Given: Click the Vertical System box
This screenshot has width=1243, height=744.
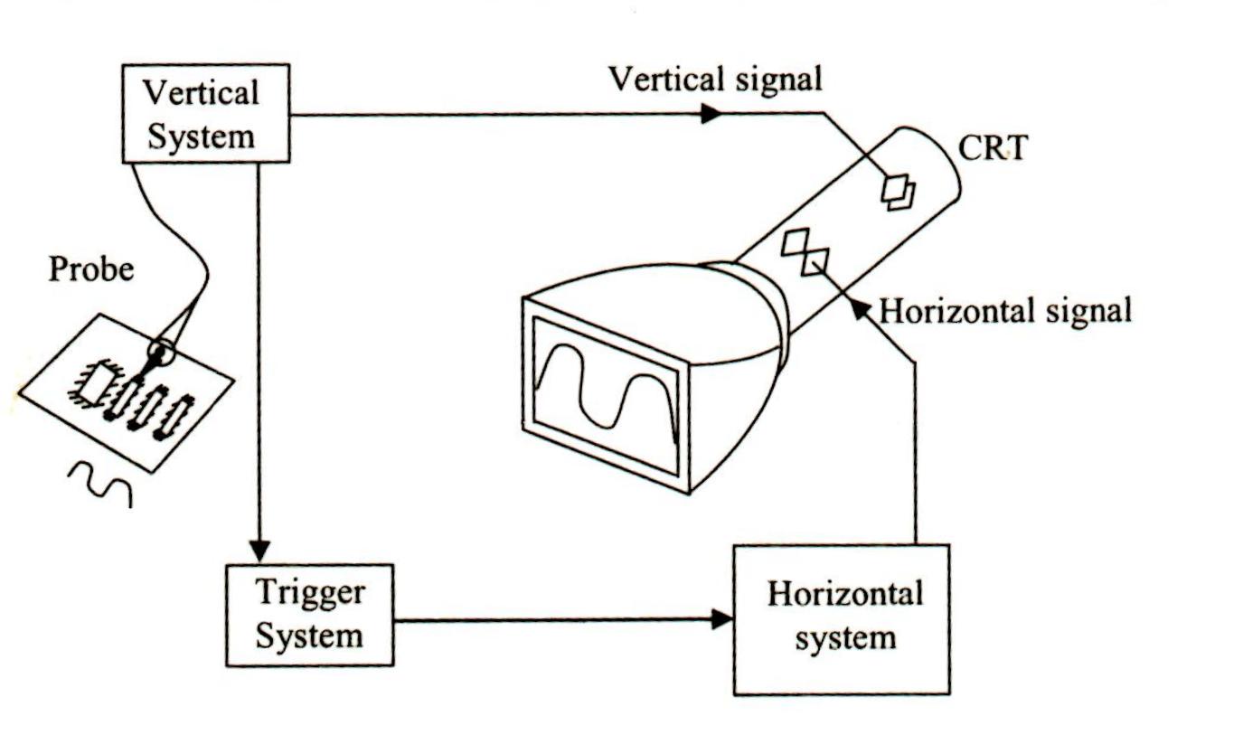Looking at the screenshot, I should click(205, 114).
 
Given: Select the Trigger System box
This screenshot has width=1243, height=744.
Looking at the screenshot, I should click(309, 615).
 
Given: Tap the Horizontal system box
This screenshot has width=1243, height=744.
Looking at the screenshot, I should click(842, 619).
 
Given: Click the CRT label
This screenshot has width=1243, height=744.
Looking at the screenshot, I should click(992, 147).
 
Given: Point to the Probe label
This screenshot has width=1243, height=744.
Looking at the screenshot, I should click(90, 268).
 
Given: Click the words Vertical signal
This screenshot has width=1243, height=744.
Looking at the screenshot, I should click(715, 79).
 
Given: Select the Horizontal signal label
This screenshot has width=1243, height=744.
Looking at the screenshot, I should click(1005, 311).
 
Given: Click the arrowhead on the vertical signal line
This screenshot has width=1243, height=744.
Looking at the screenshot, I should click(711, 114).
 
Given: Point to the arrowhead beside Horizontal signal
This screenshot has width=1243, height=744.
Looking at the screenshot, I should click(863, 310).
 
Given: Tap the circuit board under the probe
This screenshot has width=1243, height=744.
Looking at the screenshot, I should click(127, 393).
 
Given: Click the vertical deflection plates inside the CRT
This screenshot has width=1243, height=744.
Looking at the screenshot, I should click(899, 192).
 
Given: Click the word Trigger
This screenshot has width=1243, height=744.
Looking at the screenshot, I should click(310, 593).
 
